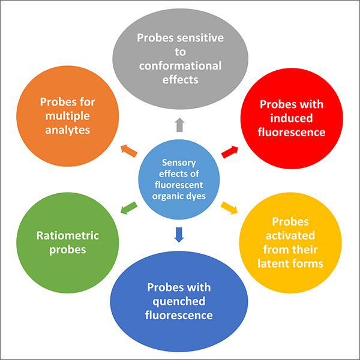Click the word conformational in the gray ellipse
(179, 65)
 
